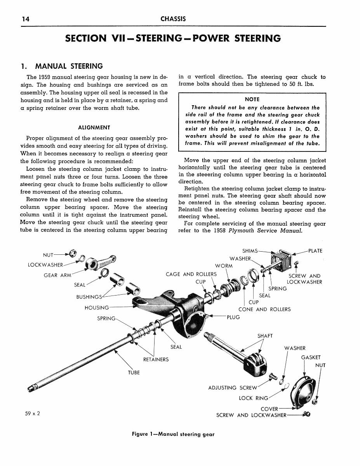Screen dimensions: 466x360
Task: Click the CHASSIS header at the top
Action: click(x=173, y=19)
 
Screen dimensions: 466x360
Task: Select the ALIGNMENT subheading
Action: click(x=94, y=127)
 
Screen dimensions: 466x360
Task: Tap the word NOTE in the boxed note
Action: click(x=252, y=99)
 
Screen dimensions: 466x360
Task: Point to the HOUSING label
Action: click(x=97, y=308)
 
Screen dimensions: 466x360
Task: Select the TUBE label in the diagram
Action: click(x=134, y=372)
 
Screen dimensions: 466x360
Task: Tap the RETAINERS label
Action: click(x=156, y=360)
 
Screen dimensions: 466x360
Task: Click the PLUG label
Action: click(x=233, y=317)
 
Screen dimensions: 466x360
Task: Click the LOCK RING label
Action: click(x=253, y=398)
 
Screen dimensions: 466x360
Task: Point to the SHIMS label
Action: click(x=249, y=251)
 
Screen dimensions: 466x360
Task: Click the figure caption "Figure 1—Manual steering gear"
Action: click(x=173, y=434)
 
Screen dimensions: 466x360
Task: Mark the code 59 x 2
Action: click(x=31, y=413)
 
